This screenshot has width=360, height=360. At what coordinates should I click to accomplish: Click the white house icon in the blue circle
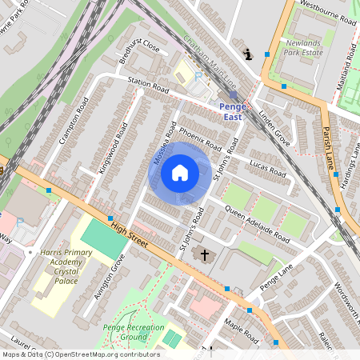(x=180, y=173)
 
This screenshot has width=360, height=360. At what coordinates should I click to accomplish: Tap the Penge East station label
(x=232, y=111)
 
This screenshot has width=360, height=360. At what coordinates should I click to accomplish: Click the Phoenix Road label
(x=199, y=139)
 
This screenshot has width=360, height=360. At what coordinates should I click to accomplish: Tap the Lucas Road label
(x=266, y=167)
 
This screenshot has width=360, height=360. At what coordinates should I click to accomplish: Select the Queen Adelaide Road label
(x=257, y=223)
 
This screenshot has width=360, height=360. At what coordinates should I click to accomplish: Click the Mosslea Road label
(x=163, y=144)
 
